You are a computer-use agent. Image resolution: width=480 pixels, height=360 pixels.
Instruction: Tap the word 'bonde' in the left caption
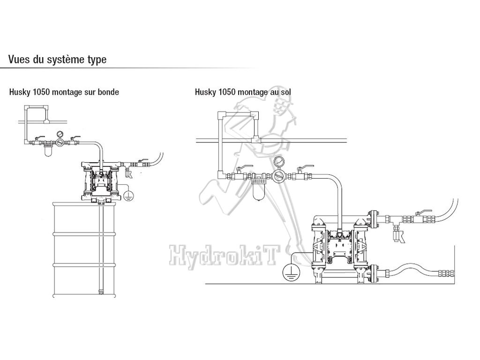pyautogui.click(x=108, y=92)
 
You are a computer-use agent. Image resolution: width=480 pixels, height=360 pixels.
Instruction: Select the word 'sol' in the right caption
pyautogui.click(x=285, y=92)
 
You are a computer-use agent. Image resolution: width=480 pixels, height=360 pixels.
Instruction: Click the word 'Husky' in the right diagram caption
pyautogui.click(x=205, y=92)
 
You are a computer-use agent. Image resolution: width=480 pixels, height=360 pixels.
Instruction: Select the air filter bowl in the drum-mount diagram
pyautogui.click(x=47, y=151)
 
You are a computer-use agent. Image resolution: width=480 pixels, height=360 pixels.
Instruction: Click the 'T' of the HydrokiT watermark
pyautogui.click(x=270, y=256)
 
